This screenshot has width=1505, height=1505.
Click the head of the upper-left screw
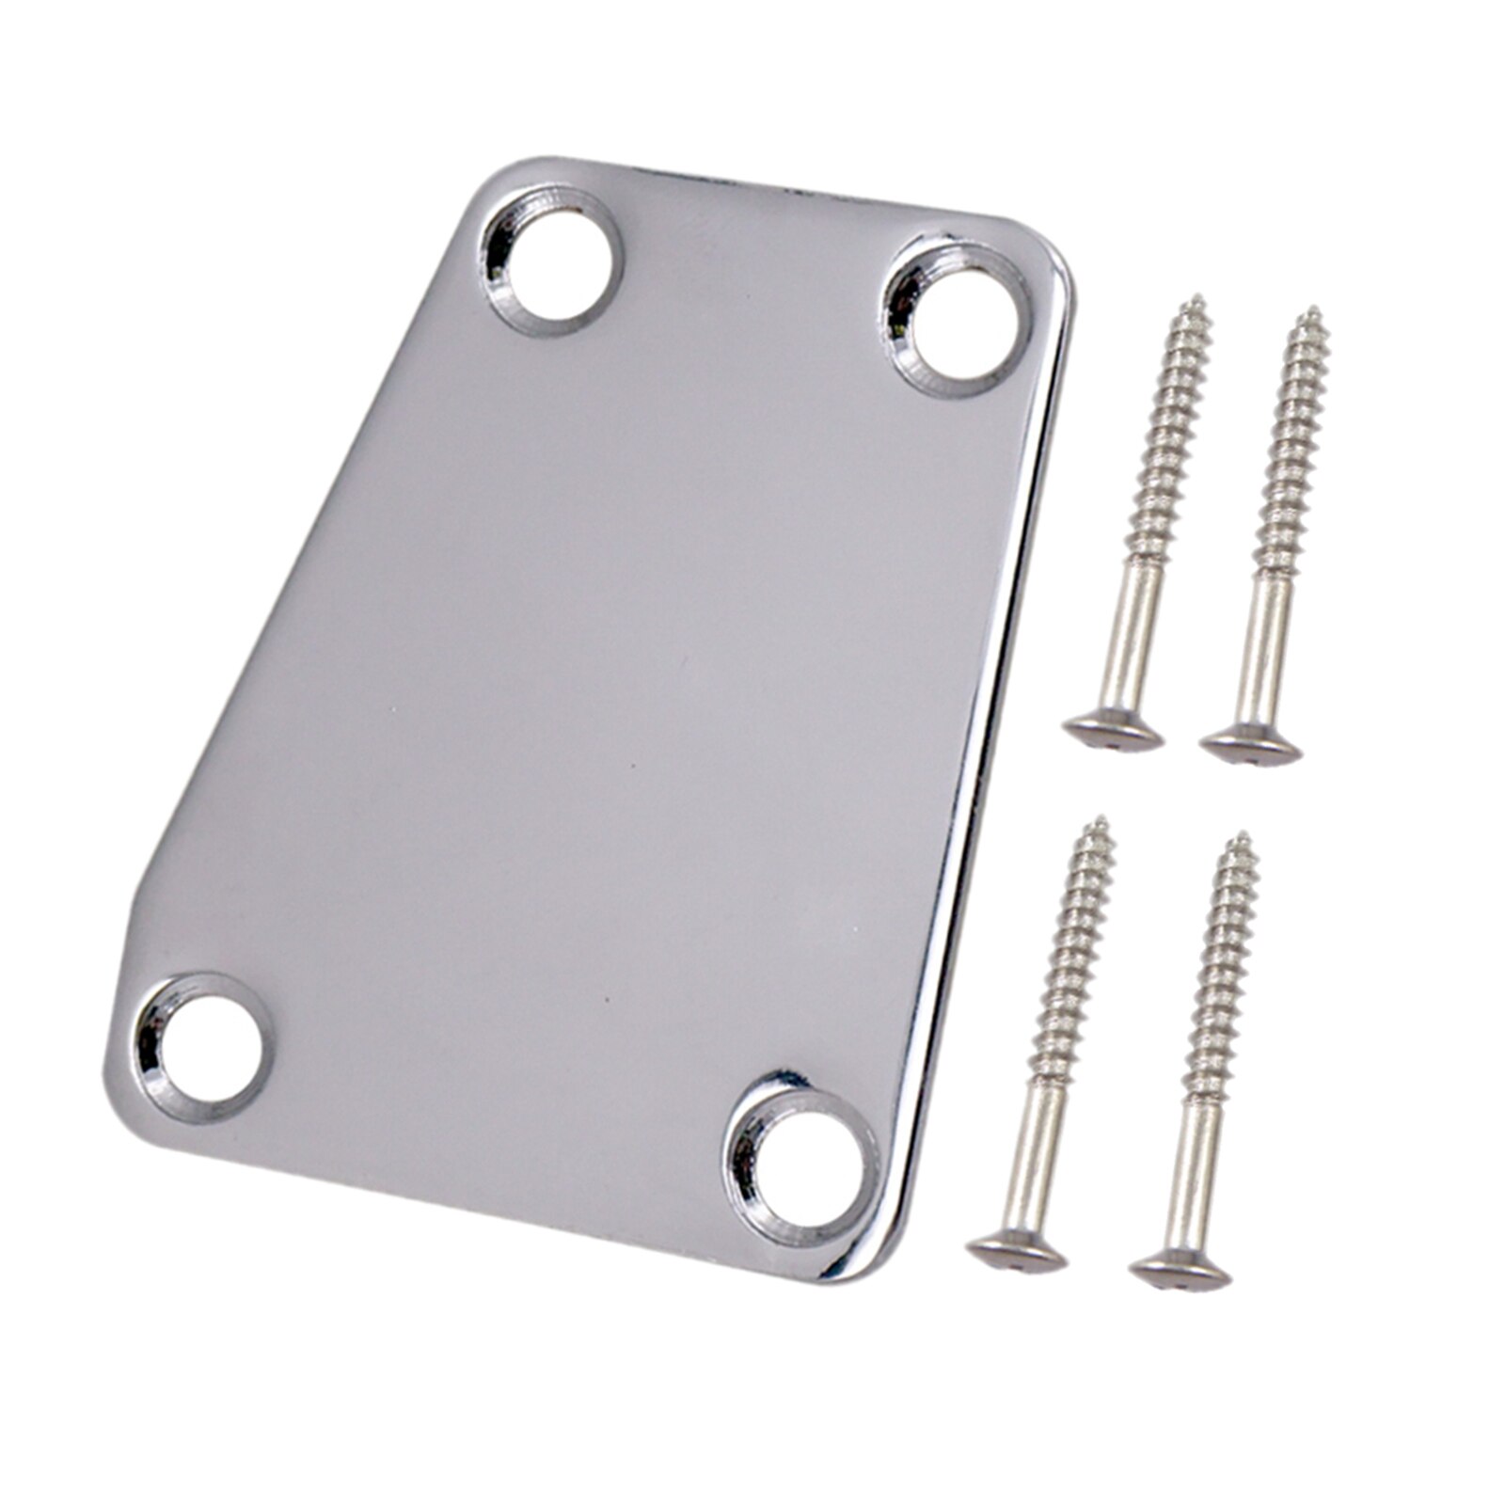[x=1113, y=731]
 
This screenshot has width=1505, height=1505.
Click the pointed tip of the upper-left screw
[x=1199, y=300]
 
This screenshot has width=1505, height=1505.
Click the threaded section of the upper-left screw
[x=1170, y=433]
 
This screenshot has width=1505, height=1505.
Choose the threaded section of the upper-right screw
[x=1293, y=442]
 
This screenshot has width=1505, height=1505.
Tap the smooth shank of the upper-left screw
[x=1133, y=640]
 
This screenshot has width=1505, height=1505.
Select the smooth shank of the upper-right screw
[x=1265, y=649]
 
